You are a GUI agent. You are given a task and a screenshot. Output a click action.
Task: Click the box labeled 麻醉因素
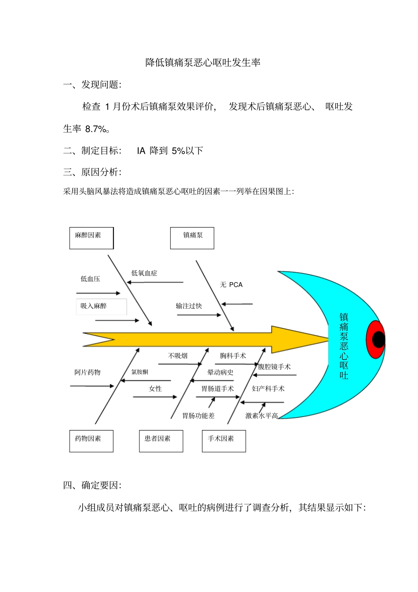click(x=92, y=238)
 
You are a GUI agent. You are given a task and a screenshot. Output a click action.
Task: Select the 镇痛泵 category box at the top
click(x=192, y=238)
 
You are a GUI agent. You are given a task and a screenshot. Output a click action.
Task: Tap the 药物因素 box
click(x=92, y=441)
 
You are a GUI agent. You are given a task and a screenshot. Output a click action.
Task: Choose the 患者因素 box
click(x=161, y=441)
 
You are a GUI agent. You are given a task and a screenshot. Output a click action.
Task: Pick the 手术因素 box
click(x=224, y=441)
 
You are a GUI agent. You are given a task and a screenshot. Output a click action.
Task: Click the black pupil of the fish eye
click(x=378, y=339)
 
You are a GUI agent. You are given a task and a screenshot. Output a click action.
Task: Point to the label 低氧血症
click(x=144, y=273)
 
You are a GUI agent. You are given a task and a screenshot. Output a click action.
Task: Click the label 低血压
click(x=90, y=279)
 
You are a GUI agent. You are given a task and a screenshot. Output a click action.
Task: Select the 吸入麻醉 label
click(x=94, y=306)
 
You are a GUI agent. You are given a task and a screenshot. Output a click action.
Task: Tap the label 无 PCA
click(x=231, y=285)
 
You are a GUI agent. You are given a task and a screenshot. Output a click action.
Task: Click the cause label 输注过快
click(x=189, y=306)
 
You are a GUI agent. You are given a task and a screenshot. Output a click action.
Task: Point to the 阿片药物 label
click(x=88, y=372)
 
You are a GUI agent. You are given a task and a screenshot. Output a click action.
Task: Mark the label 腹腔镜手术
click(x=274, y=367)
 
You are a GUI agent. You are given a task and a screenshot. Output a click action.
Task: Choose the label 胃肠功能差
click(x=198, y=416)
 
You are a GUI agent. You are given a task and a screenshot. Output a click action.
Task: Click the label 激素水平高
click(x=261, y=416)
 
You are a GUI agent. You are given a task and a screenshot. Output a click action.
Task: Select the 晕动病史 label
click(x=220, y=372)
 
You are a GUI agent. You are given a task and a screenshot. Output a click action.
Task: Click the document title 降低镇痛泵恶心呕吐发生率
click(x=203, y=63)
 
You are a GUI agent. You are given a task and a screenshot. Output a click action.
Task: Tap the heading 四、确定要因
click(x=92, y=485)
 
